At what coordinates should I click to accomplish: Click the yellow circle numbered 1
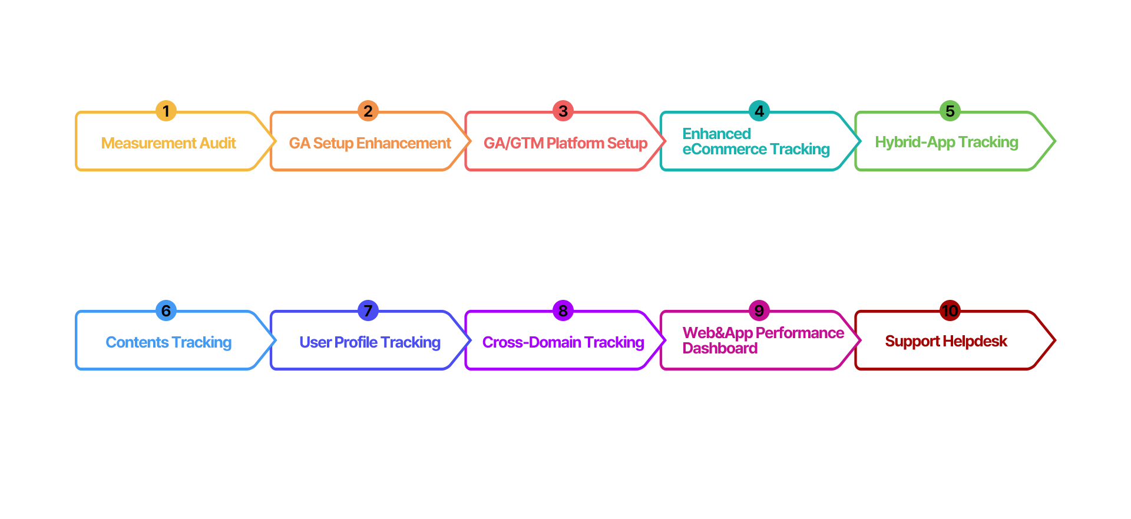(x=166, y=111)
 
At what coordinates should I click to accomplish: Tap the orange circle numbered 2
(x=368, y=111)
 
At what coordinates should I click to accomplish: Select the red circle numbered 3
(x=563, y=111)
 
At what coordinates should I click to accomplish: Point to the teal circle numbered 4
(x=759, y=111)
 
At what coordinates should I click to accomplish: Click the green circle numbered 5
(x=950, y=111)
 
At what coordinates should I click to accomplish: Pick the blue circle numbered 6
(x=166, y=310)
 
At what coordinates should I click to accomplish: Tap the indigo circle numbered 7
(x=368, y=310)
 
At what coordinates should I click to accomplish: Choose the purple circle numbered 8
(x=563, y=310)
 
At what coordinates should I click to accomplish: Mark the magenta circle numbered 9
(x=759, y=310)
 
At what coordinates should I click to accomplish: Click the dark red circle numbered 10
(x=950, y=310)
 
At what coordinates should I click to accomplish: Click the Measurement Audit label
(x=168, y=143)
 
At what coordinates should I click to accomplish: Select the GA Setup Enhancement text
(x=370, y=144)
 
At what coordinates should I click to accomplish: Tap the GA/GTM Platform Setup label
(x=565, y=144)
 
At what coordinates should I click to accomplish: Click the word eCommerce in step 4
(x=725, y=150)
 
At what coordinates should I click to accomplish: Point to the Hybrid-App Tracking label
(x=947, y=143)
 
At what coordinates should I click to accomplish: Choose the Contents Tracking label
(x=168, y=343)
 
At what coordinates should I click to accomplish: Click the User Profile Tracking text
(x=370, y=343)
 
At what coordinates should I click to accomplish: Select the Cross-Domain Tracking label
(x=563, y=343)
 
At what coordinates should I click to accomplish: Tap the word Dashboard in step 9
(x=720, y=349)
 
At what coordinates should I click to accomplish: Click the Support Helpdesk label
(x=946, y=342)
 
